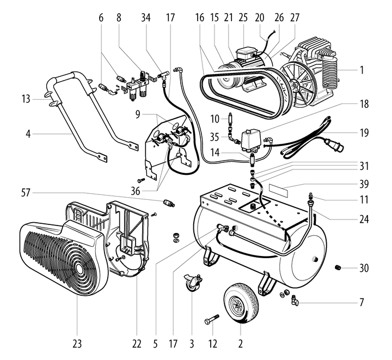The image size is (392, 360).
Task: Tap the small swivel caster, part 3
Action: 192,283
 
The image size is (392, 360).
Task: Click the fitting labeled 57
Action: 168,204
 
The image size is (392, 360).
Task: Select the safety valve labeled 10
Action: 231,119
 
